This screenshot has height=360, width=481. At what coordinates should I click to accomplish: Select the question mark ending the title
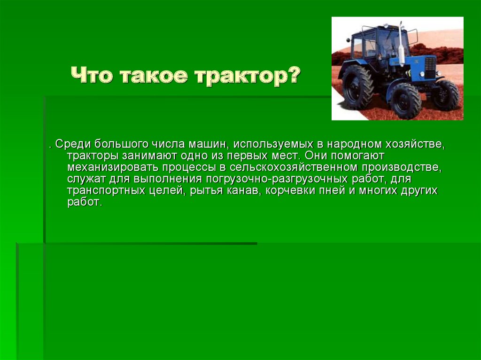click(x=293, y=75)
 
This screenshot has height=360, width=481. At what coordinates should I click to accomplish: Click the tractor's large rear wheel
click(x=357, y=87)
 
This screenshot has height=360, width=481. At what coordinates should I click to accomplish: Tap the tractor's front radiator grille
click(x=430, y=68)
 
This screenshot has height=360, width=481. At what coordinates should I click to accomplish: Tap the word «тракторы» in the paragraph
click(x=93, y=156)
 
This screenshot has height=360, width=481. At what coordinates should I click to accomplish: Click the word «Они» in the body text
click(x=315, y=155)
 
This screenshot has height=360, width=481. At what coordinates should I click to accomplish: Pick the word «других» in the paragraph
click(x=419, y=191)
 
